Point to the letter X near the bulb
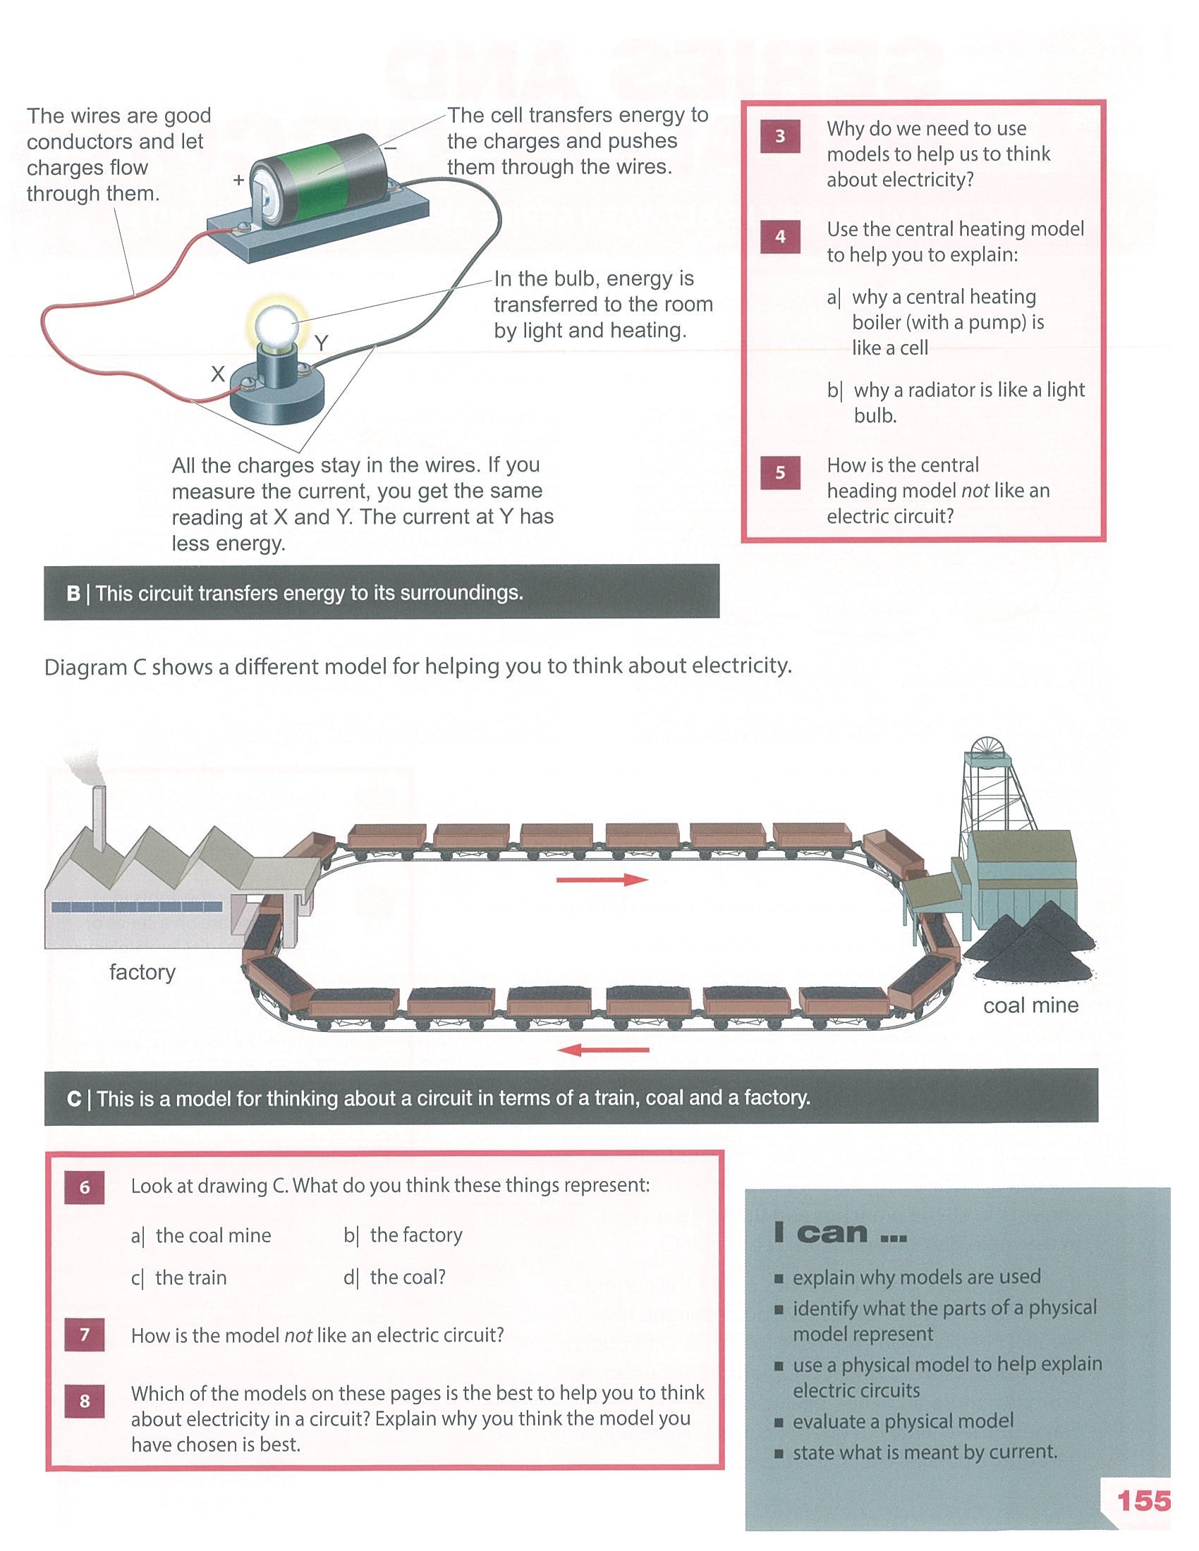tap(218, 374)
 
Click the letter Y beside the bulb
tap(321, 344)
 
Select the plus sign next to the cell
tap(238, 180)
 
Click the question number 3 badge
tap(780, 135)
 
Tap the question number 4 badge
tap(780, 236)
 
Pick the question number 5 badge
tap(780, 473)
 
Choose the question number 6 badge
tap(85, 1187)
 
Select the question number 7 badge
tap(85, 1335)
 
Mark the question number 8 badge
tap(85, 1401)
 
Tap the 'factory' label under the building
tap(142, 971)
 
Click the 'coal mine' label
tap(1030, 1005)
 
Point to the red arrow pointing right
tap(602, 880)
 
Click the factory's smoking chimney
tap(98, 819)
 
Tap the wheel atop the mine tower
tap(986, 752)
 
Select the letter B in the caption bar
tap(73, 593)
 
